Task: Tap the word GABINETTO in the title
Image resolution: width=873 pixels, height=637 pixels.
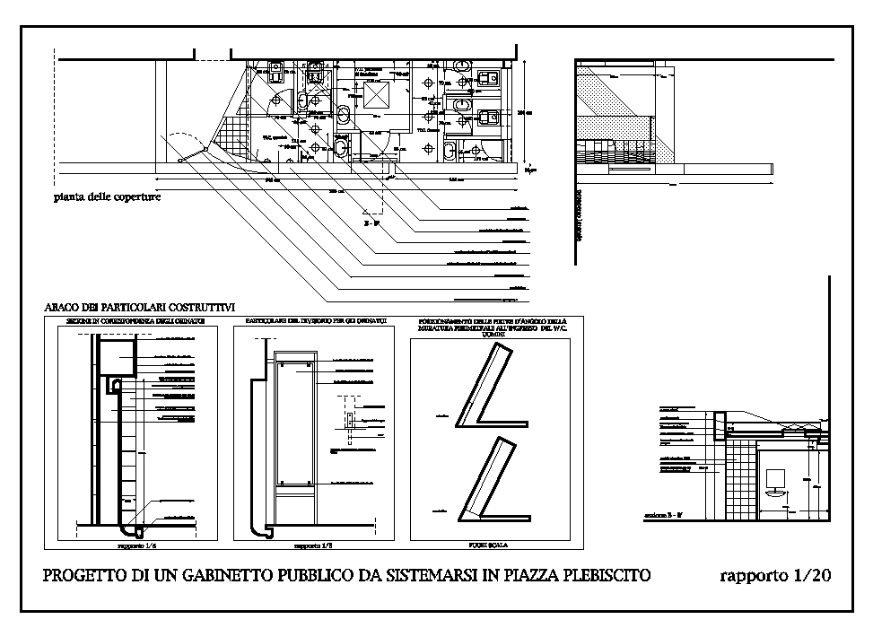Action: (x=231, y=576)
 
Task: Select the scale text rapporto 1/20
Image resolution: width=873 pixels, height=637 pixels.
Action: (x=773, y=576)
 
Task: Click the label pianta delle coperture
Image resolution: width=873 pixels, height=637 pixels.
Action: (x=106, y=196)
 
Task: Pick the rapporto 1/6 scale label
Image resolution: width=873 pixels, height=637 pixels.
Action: (x=136, y=545)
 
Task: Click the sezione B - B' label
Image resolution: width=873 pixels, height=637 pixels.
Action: (x=664, y=516)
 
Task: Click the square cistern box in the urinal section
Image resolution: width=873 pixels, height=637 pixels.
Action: (x=116, y=358)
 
